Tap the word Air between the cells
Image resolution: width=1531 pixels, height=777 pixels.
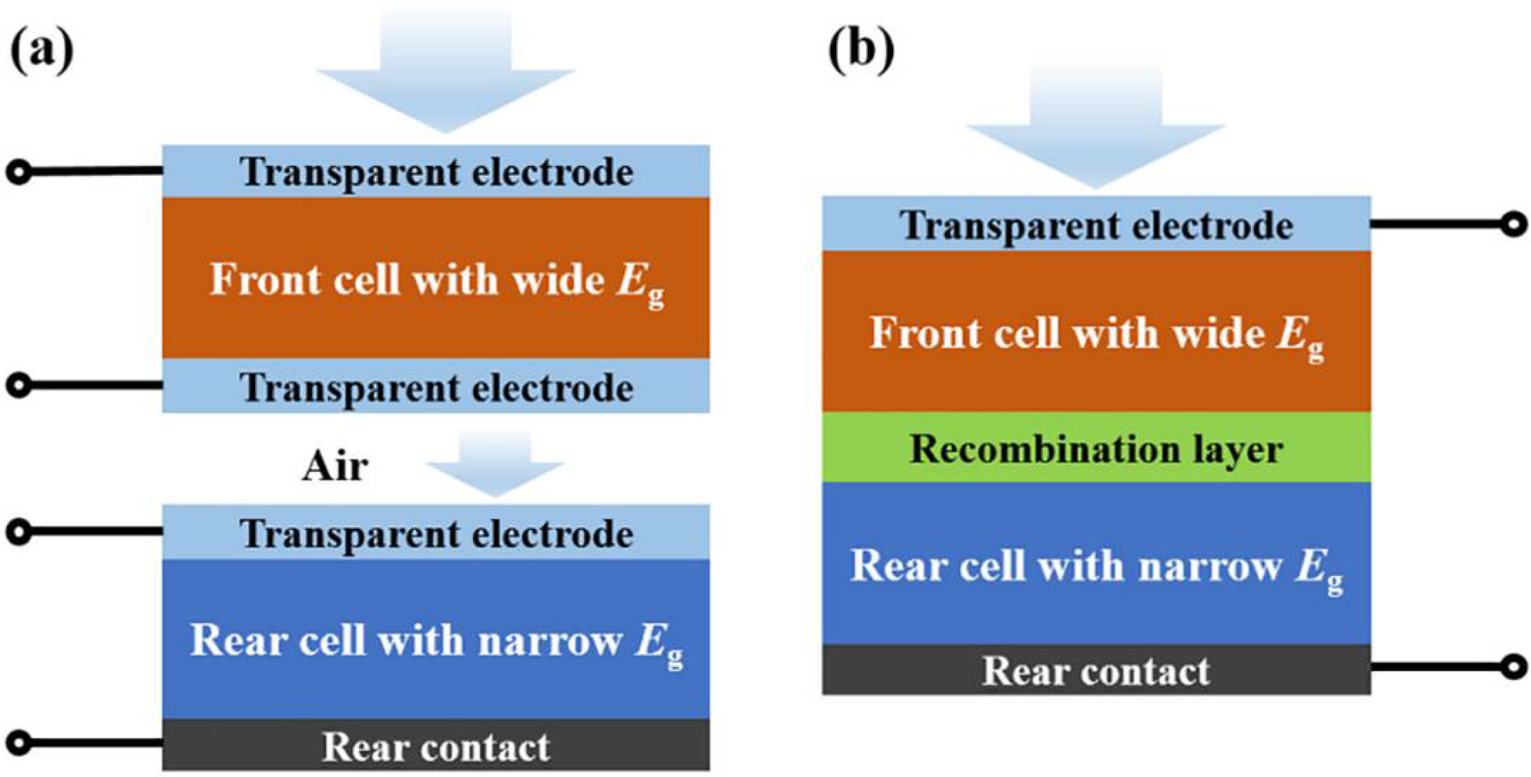click(x=335, y=468)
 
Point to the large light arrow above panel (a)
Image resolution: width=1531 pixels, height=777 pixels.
click(x=445, y=71)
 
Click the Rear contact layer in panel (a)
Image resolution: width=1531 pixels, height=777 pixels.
click(x=436, y=746)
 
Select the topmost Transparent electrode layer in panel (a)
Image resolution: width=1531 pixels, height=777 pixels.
click(x=436, y=172)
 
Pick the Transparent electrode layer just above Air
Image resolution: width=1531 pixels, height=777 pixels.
click(x=436, y=387)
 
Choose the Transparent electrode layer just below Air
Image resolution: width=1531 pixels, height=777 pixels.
click(x=436, y=533)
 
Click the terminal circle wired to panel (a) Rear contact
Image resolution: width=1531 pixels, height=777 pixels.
click(x=19, y=743)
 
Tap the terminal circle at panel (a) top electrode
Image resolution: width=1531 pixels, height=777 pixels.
click(x=19, y=172)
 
